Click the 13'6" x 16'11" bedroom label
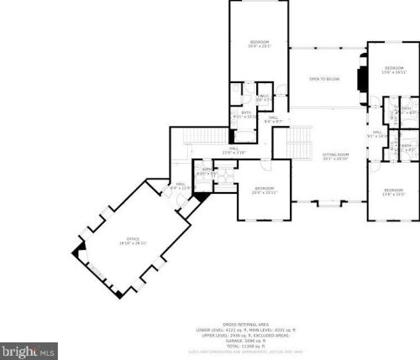[394, 70]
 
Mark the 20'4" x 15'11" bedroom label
[265, 190]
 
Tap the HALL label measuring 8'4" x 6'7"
[273, 119]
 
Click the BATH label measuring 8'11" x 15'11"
[246, 114]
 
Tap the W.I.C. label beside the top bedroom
[264, 98]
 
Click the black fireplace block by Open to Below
[360, 78]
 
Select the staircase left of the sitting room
[298, 148]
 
